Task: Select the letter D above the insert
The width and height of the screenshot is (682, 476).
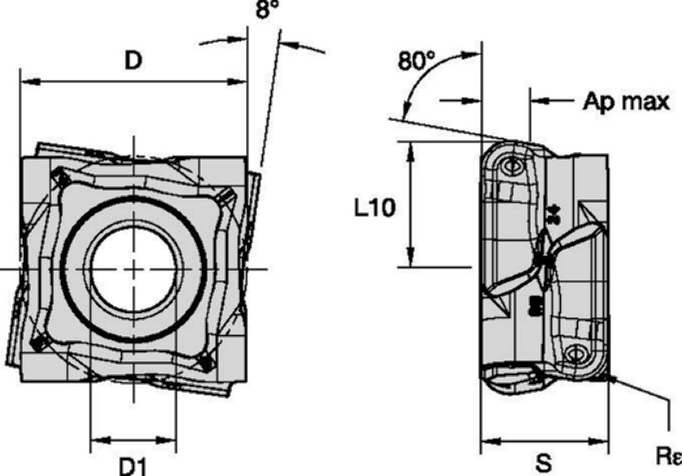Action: pos(134,60)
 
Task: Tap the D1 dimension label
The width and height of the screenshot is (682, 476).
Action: pos(132,467)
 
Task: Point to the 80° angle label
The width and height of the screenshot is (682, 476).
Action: pos(416,61)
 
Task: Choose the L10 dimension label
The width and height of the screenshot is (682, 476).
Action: pos(375,207)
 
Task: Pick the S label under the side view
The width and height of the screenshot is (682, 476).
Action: pos(543,463)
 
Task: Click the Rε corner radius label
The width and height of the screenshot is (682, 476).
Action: pos(668,456)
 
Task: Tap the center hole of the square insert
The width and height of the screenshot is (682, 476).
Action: pos(134,270)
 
